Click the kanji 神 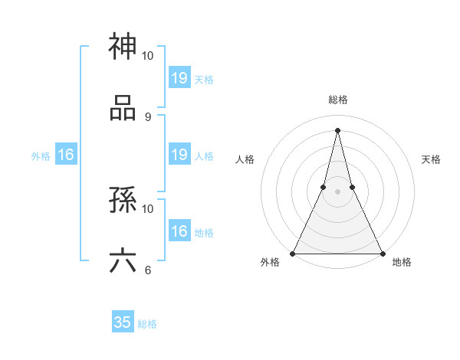pyautogui.click(x=123, y=47)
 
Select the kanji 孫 pyautogui.click(x=123, y=200)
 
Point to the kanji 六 pyautogui.click(x=123, y=261)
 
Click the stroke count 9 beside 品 pyautogui.click(x=147, y=116)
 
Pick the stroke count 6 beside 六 pyautogui.click(x=147, y=270)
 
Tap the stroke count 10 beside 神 pyautogui.click(x=148, y=56)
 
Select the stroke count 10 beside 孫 pyautogui.click(x=148, y=208)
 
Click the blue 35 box pyautogui.click(x=123, y=322)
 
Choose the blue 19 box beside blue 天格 pyautogui.click(x=179, y=77)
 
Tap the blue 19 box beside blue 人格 pyautogui.click(x=179, y=155)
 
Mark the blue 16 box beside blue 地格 pyautogui.click(x=179, y=231)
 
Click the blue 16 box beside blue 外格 pyautogui.click(x=66, y=155)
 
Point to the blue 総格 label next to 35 pyautogui.click(x=147, y=324)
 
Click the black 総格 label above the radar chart pyautogui.click(x=338, y=100)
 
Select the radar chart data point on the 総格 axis pyautogui.click(x=337, y=129)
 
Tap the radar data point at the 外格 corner pyautogui.click(x=294, y=254)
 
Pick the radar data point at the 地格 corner pyautogui.click(x=382, y=254)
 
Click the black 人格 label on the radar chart pyautogui.click(x=245, y=159)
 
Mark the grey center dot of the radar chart pyautogui.click(x=337, y=192)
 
